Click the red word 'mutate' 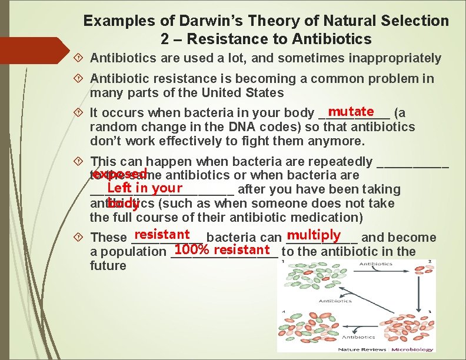[351, 112]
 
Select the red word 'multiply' [314, 235]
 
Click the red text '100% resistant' [222, 249]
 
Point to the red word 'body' [124, 204]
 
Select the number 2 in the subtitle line [165, 39]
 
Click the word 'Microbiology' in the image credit [412, 349]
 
